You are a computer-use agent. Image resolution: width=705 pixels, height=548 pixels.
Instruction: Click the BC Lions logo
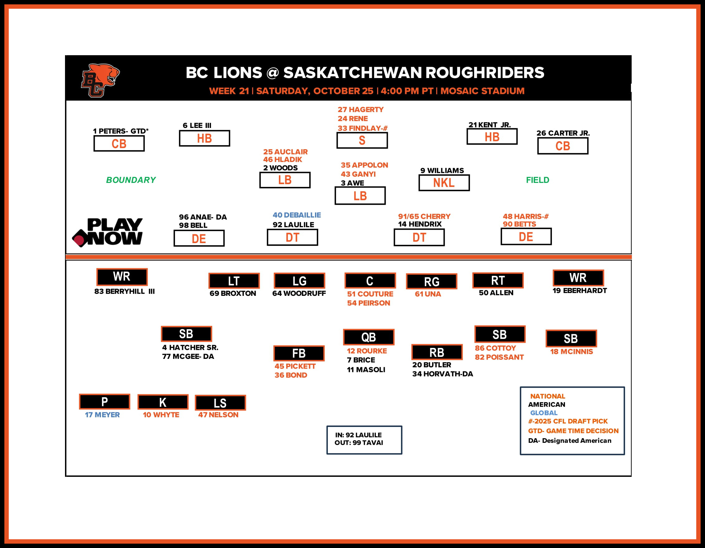coord(100,80)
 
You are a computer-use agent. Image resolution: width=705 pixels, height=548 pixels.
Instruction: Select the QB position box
coord(369,337)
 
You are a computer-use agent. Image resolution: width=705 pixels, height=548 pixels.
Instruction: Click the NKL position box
coord(444,183)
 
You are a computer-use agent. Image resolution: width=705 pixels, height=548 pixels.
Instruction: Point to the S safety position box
coord(362,140)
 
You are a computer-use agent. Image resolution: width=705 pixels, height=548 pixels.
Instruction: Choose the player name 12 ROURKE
coord(367,351)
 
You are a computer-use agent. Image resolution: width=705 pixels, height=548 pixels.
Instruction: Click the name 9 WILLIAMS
coord(442,170)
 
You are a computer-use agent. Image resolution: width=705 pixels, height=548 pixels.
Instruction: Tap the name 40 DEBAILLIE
coord(297,215)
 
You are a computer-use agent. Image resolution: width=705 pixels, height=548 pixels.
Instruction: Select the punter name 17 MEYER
coord(102,415)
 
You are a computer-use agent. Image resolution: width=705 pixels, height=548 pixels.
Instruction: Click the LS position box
coord(220,403)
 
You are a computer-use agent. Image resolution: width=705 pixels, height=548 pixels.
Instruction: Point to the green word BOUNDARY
coord(131,180)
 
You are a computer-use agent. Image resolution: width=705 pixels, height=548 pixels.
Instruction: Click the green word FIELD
coord(537,180)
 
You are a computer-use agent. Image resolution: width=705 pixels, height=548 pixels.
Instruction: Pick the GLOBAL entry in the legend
coord(544,413)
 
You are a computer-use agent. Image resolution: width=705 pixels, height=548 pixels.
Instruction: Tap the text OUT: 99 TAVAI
coord(359,443)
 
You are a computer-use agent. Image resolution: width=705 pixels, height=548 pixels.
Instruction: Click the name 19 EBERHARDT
coord(579,291)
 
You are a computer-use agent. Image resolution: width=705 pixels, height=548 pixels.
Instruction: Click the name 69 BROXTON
coord(233,293)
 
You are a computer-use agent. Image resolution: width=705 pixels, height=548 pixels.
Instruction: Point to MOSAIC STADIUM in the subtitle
coord(482,91)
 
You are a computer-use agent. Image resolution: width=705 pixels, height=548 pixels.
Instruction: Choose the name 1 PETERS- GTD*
coord(121,131)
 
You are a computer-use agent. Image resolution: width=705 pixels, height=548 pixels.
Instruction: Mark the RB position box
coord(437,352)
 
